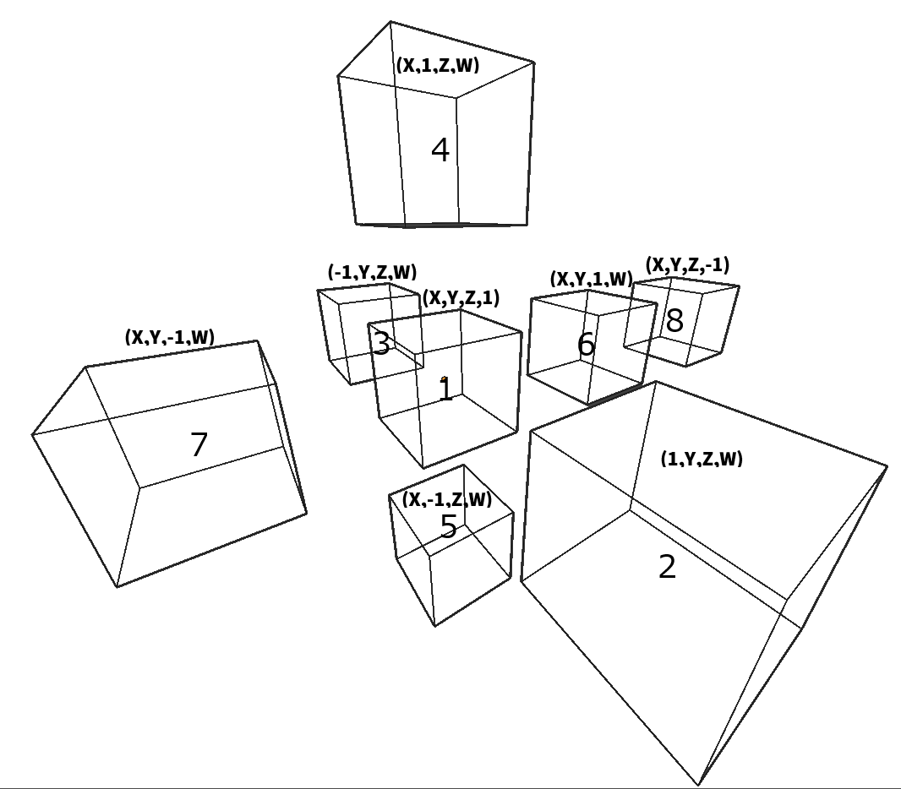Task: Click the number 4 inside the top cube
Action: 440,150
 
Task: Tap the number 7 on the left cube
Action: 199,444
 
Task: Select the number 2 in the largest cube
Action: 667,567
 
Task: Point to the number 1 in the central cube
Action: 446,390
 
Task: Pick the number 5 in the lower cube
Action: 449,526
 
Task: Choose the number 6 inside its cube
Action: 586,345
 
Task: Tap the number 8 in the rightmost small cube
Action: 674,320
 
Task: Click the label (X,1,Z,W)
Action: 438,65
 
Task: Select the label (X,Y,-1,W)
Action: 170,337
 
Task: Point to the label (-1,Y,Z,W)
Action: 373,272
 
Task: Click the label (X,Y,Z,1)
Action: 461,298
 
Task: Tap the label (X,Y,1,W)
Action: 592,279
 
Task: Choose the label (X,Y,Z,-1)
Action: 688,264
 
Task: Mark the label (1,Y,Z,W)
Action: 702,459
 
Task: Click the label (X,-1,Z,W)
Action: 447,499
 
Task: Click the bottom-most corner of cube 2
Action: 699,785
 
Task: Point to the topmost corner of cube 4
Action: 390,22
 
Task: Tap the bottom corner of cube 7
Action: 117,587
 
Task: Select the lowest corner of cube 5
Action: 435,625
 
